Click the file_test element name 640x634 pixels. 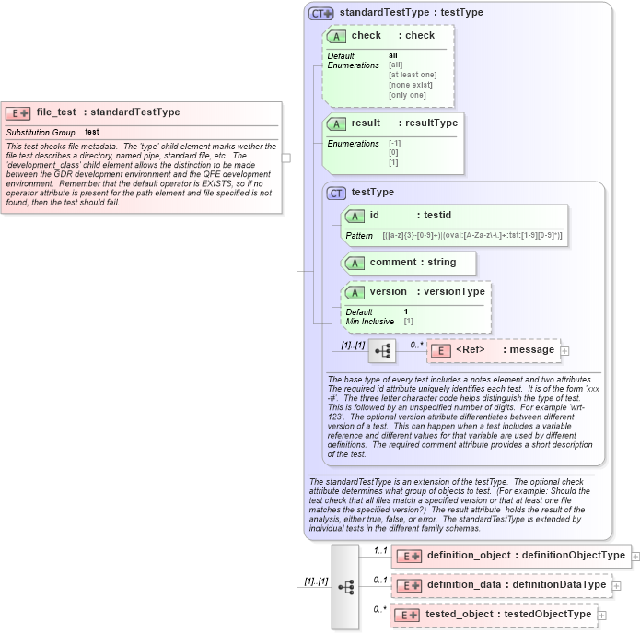(x=56, y=112)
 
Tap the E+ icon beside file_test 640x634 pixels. (x=18, y=113)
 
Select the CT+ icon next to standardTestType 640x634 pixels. (x=321, y=13)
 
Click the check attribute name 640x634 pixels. (x=366, y=36)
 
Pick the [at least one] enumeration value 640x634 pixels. (x=413, y=75)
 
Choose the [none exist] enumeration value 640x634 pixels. (x=410, y=85)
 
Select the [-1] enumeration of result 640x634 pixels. (x=394, y=144)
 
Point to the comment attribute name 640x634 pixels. (x=393, y=263)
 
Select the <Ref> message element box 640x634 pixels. (x=493, y=350)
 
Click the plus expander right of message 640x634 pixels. (x=564, y=350)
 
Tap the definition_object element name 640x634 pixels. (x=470, y=556)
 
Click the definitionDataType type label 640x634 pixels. (x=562, y=585)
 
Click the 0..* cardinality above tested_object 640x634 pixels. (x=379, y=609)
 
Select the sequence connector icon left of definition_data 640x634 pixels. (x=345, y=586)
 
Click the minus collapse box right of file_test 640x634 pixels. (x=286, y=158)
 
